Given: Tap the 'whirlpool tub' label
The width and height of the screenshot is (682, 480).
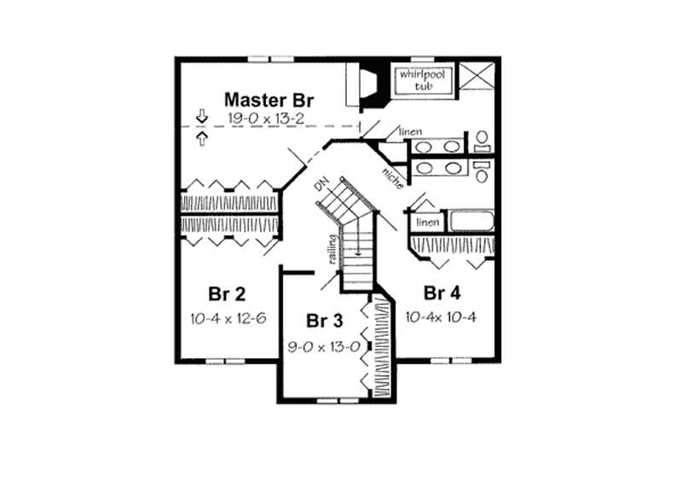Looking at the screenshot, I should pos(413,80).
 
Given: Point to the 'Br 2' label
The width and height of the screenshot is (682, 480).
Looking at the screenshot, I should pos(228,295).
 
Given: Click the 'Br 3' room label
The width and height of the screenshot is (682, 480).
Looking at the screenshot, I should pos(324,321).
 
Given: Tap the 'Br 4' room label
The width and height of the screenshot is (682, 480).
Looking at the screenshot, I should pos(442,294).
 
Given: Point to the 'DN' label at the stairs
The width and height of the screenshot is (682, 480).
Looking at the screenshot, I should pos(321,185).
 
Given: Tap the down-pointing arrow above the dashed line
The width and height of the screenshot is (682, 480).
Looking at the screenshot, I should pos(201,115).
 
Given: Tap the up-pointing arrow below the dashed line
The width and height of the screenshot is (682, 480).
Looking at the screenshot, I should pos(201,137).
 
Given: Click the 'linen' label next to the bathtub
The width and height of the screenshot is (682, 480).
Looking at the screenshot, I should pos(427,223).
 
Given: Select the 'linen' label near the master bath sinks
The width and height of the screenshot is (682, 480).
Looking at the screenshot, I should pos(410,131).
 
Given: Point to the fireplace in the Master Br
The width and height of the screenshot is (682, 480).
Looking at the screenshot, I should pos(371,84).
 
